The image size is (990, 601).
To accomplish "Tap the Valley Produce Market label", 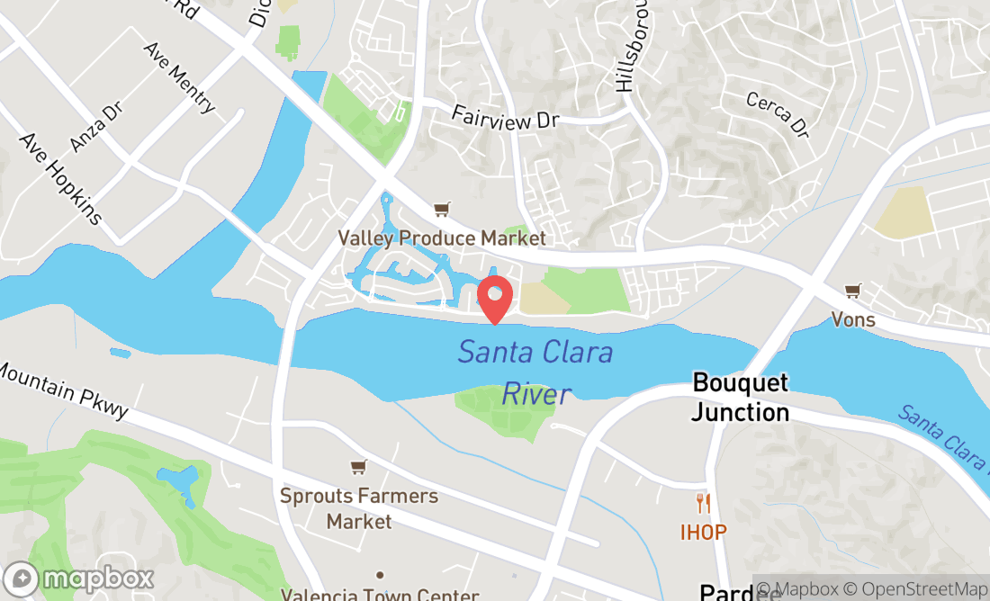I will coord(442,238).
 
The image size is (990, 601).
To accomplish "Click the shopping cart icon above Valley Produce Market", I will coord(441,210).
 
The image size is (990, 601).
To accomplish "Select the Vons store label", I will coord(852,319).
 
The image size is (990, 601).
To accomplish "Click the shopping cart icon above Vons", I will coord(851,291).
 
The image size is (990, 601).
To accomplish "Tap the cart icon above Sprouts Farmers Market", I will coord(358,467).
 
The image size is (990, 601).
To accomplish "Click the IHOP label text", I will coord(703,532).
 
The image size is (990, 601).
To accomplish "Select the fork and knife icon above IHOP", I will coord(703,503).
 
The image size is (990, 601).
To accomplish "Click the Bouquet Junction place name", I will coord(741,398).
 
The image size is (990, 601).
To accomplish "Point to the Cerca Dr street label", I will coord(778,115).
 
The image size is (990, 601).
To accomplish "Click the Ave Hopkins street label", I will coord(61,179).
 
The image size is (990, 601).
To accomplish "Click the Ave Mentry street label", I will coord(180,77).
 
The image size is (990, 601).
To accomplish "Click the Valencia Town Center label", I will coord(380,594).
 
